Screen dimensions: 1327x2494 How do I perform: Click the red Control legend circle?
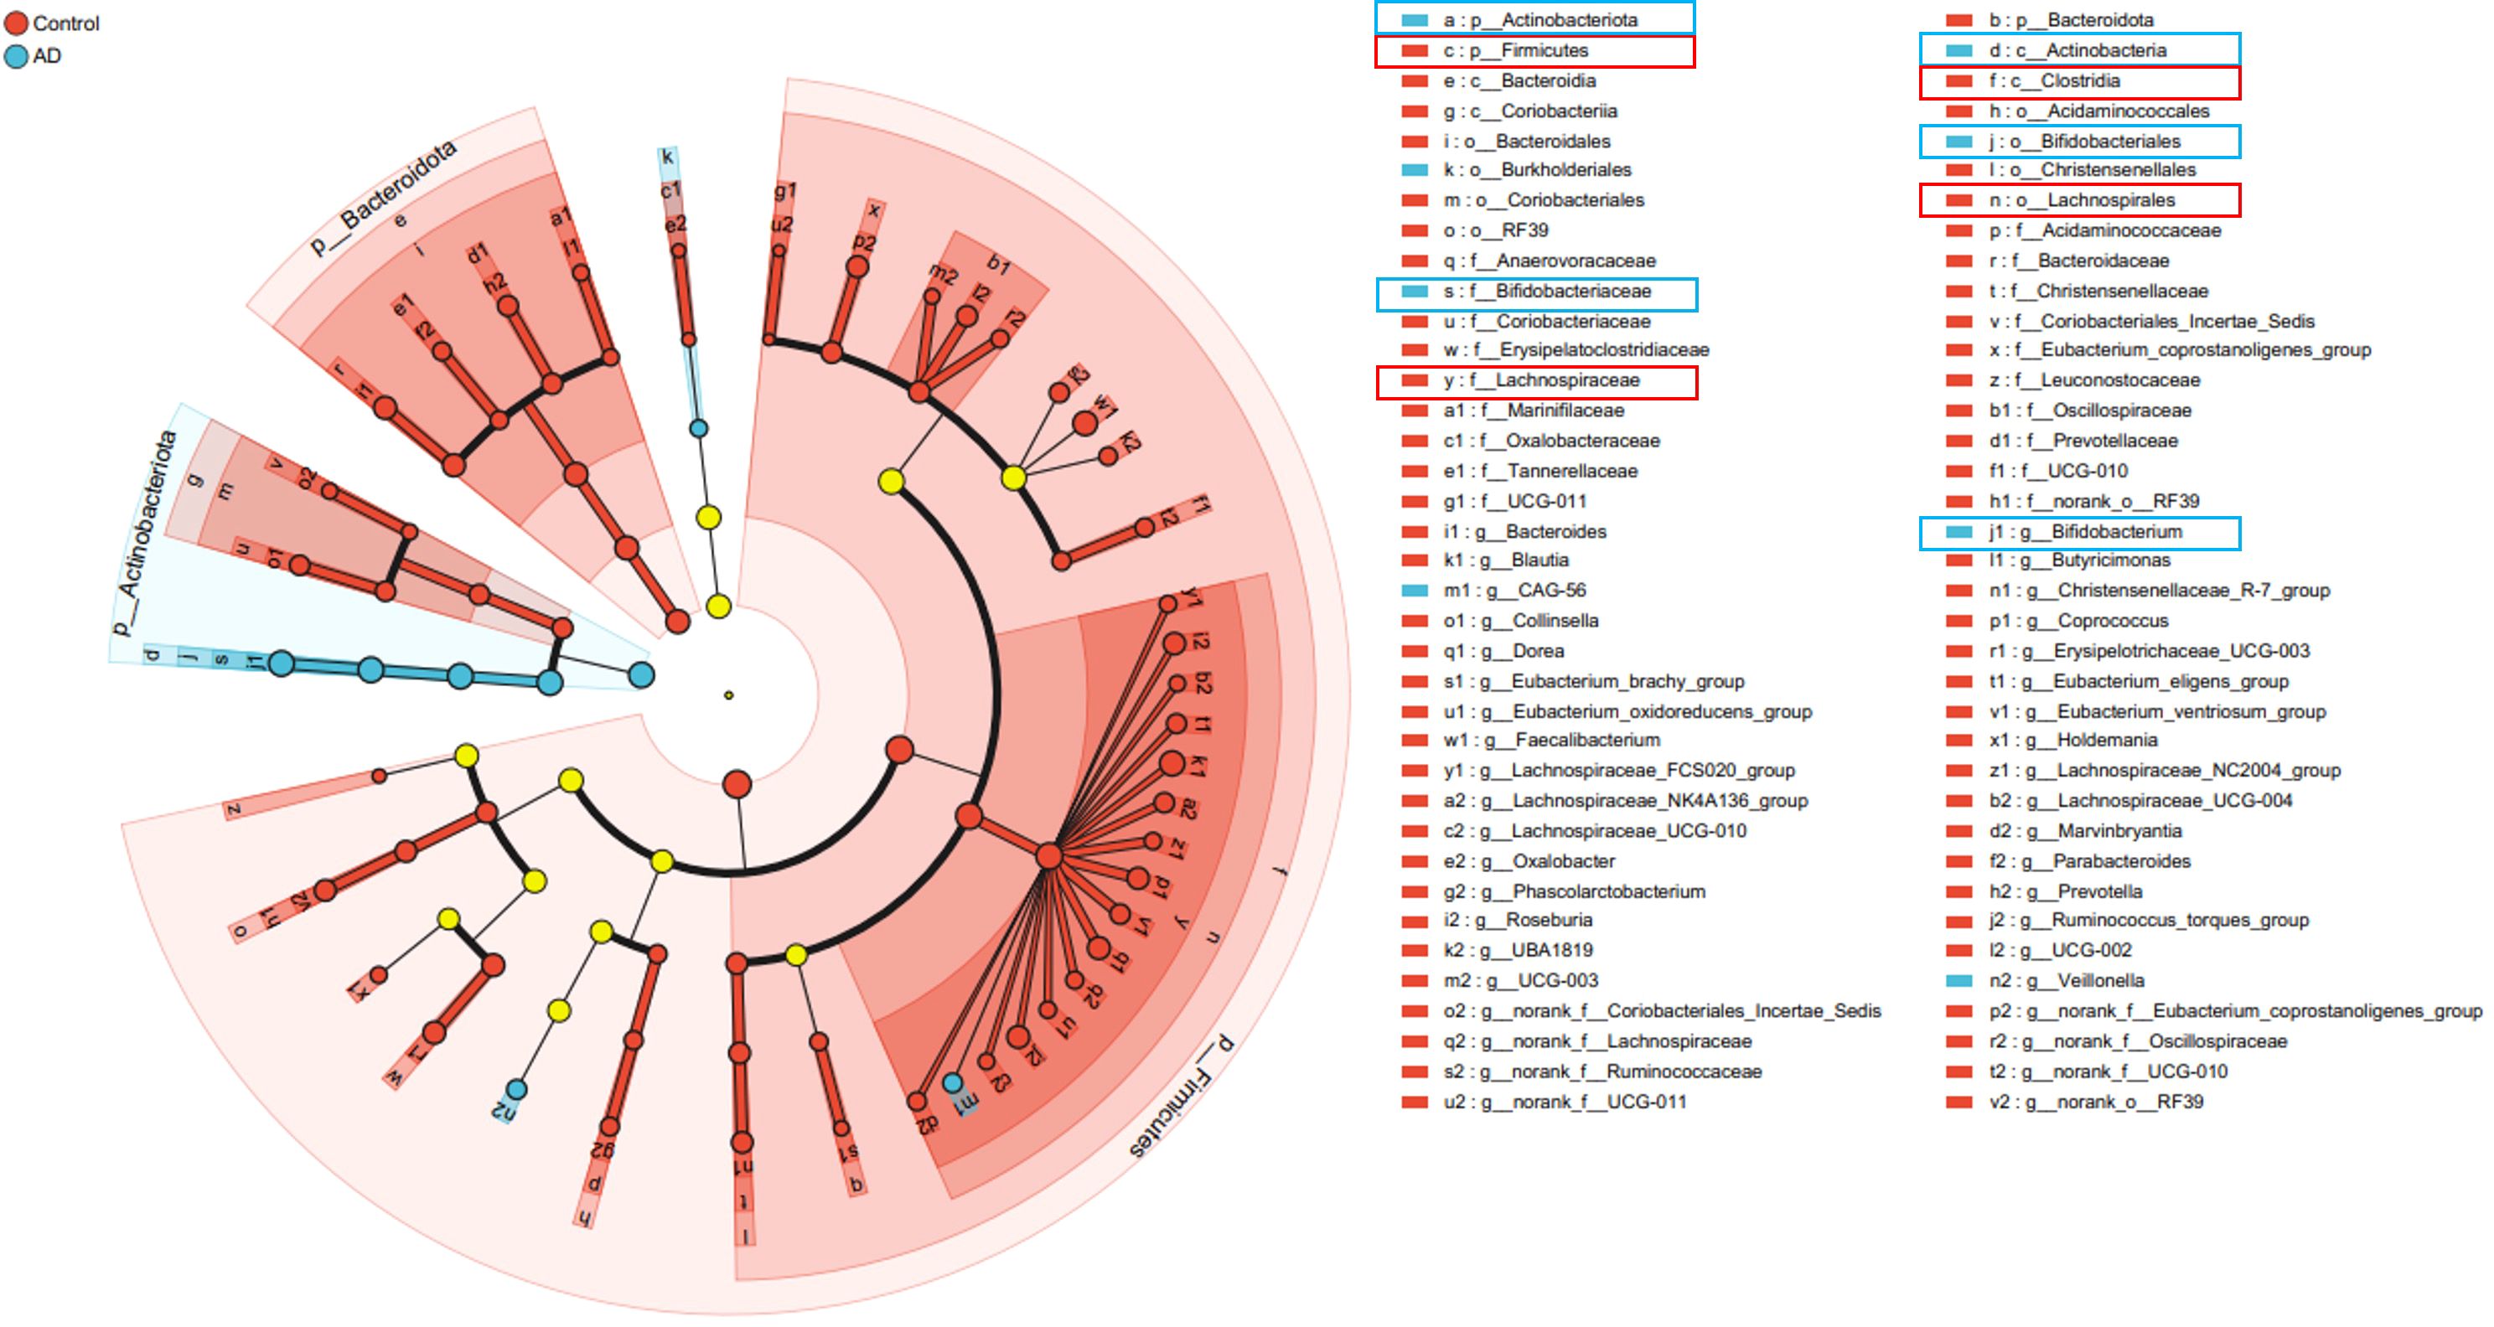click(17, 23)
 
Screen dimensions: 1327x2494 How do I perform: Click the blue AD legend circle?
click(17, 56)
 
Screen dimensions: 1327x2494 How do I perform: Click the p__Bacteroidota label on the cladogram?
click(382, 198)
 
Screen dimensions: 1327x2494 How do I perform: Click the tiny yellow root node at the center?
click(729, 695)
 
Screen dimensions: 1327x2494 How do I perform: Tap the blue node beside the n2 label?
click(517, 1090)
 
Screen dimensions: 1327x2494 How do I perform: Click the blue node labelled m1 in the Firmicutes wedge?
click(953, 1082)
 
